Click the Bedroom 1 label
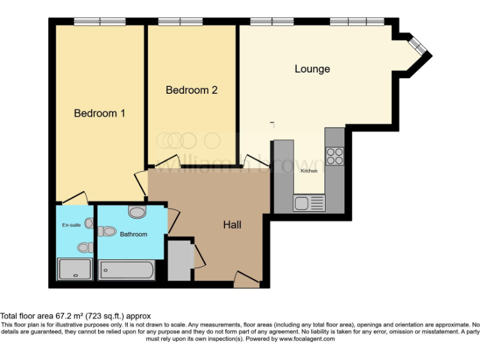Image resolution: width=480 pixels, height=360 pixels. (100, 113)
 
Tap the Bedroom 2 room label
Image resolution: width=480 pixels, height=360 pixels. (191, 90)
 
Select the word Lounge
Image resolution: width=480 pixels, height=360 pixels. (312, 69)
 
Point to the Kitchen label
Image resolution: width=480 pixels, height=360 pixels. (309, 171)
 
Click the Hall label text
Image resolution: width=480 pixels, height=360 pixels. (232, 224)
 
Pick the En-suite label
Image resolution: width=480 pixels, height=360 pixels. (70, 224)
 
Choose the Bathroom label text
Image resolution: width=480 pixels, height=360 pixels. (134, 234)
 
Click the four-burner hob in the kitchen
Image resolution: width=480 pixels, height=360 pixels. (334, 155)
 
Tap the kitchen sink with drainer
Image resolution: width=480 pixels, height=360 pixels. (309, 203)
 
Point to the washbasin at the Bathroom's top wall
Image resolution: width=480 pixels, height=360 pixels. (137, 212)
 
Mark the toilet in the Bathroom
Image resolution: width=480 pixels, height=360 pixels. (107, 232)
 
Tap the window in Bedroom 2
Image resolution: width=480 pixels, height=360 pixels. (179, 22)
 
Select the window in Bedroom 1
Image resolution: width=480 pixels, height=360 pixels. (99, 22)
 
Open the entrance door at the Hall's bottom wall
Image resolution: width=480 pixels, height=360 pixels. (246, 281)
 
